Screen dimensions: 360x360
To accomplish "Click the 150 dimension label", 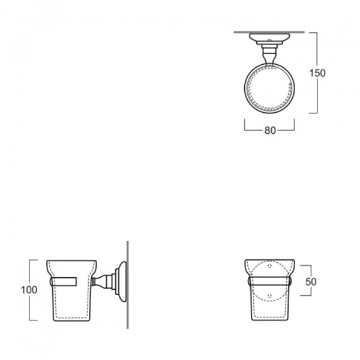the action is coord(317,73).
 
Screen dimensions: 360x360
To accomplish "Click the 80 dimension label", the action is coord(270,131).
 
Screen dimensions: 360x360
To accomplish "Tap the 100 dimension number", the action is coord(29,290).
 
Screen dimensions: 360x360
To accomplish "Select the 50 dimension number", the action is coord(311,282).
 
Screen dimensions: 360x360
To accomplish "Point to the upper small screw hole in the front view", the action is coord(270,266).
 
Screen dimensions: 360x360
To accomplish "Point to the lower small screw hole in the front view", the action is coord(270,295).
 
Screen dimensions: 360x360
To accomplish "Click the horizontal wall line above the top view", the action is coord(269,32).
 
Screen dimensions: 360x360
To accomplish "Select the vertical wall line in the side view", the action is coord(128,284).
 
